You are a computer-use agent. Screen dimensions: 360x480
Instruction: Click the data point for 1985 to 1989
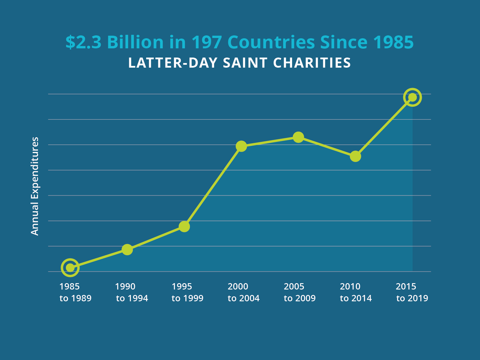[x=70, y=268]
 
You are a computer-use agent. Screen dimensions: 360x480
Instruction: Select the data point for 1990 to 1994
[x=127, y=249]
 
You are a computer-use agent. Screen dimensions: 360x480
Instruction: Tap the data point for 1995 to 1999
[x=184, y=226]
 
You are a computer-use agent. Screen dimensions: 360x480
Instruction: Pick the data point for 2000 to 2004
[x=241, y=146]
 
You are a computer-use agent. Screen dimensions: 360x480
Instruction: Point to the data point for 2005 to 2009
[x=298, y=137]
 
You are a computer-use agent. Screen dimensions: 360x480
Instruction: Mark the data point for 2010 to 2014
[x=355, y=156]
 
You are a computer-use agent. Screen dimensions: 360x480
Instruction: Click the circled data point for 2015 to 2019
[x=412, y=97]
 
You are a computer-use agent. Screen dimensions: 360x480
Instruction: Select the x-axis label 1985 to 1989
[x=75, y=292]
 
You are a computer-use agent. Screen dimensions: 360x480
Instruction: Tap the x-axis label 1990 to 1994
[x=132, y=292]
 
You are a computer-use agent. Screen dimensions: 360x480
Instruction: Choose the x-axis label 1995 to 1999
[x=187, y=292]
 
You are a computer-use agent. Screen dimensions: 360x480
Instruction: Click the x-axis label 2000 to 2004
[x=243, y=292]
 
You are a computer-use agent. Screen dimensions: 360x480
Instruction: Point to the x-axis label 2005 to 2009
[x=300, y=292]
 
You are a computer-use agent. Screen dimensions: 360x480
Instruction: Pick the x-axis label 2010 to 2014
[x=356, y=292]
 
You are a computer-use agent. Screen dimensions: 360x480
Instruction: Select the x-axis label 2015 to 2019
[x=412, y=292]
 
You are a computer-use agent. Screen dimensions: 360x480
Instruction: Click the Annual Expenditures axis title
[x=35, y=186]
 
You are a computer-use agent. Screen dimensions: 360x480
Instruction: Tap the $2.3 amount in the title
[x=83, y=42]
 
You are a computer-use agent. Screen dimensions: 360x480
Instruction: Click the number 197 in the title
[x=206, y=42]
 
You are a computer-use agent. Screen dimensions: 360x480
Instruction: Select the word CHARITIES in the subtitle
[x=312, y=63]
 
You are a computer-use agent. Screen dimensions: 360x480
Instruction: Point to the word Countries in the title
[x=271, y=42]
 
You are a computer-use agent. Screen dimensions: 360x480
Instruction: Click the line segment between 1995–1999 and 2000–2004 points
[x=213, y=186]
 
